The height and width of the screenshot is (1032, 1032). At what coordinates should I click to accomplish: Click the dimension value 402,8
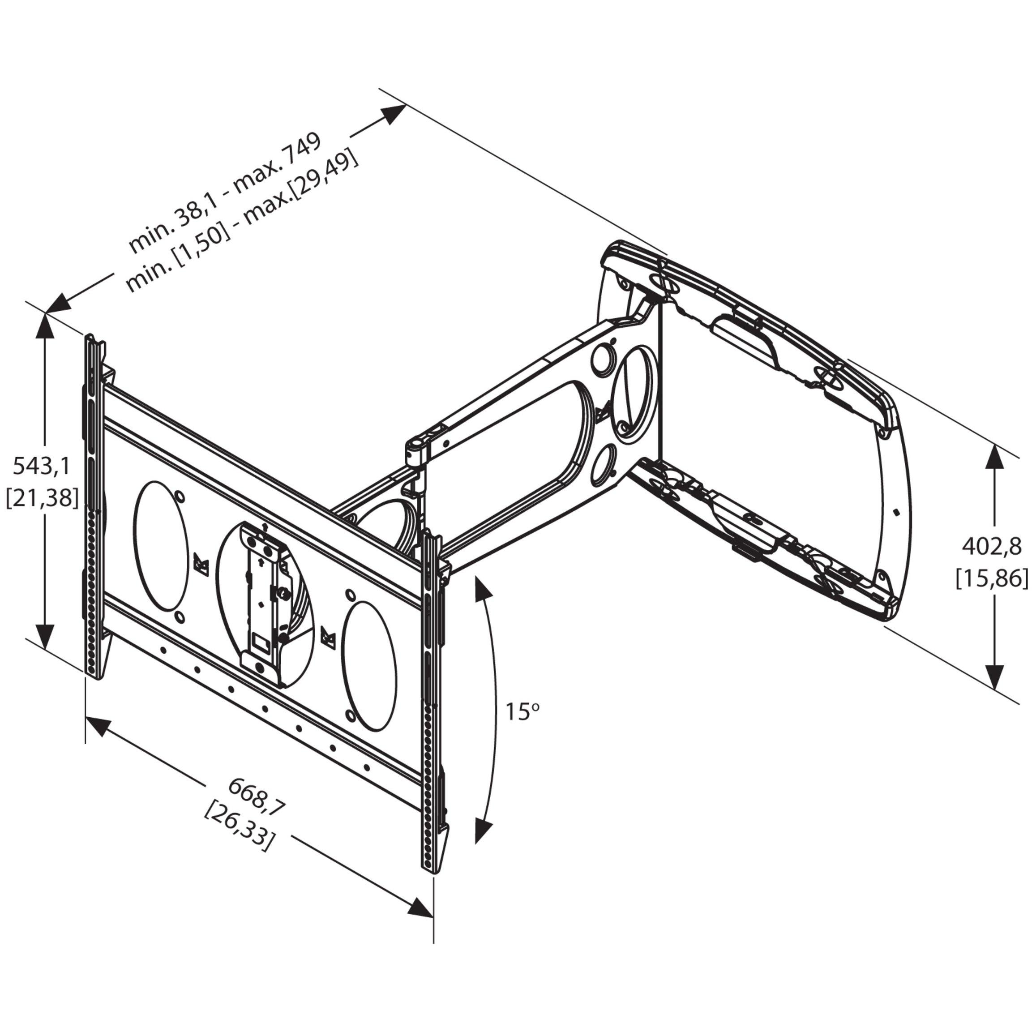coord(991,547)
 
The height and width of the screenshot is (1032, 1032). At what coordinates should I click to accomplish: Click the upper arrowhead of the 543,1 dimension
coord(45,327)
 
